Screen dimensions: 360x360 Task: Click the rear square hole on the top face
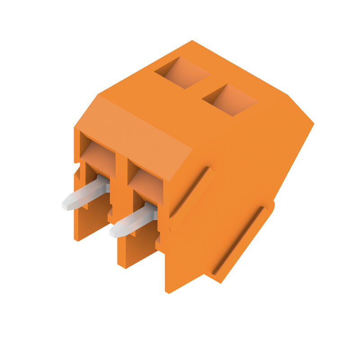pyautogui.click(x=182, y=72)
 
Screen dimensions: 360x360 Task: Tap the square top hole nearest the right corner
pyautogui.click(x=230, y=100)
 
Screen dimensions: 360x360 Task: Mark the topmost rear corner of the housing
pyautogui.click(x=193, y=41)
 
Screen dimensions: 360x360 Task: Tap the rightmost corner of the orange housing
pyautogui.click(x=313, y=122)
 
